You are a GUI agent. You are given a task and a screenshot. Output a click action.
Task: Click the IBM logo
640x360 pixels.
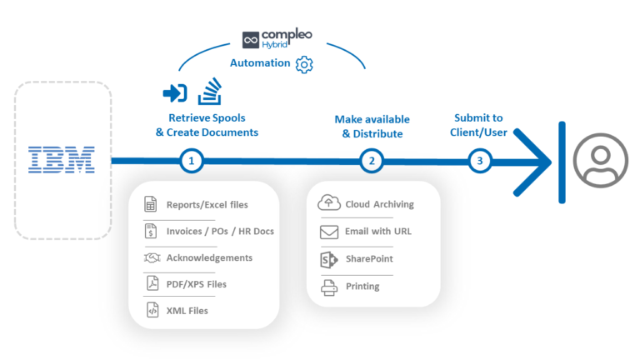(x=62, y=159)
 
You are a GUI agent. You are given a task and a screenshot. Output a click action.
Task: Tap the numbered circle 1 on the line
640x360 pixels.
(x=192, y=161)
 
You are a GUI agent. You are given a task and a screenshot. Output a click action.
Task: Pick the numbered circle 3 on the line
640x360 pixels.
(x=479, y=161)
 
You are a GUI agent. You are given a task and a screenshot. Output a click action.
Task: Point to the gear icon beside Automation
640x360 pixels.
(x=305, y=64)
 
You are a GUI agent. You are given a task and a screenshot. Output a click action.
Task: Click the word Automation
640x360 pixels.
(x=260, y=63)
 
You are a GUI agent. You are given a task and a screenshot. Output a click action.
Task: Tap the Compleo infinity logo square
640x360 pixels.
(x=252, y=40)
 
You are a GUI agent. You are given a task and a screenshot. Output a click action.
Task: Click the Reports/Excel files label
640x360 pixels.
(x=207, y=204)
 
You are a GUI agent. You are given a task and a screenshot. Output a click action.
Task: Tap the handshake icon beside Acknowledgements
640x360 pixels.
(x=152, y=257)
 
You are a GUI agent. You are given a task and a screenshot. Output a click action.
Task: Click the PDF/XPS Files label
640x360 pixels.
(x=196, y=284)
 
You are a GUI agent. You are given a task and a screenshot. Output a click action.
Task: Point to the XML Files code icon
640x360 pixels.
(x=152, y=311)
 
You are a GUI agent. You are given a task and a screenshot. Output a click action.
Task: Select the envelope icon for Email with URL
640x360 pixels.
(x=328, y=232)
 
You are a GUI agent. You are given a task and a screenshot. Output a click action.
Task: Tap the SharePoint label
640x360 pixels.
(x=369, y=259)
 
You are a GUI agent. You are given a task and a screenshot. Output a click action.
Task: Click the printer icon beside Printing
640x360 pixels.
(x=328, y=287)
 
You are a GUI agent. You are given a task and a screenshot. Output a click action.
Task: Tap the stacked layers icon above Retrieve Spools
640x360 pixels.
(x=209, y=90)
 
